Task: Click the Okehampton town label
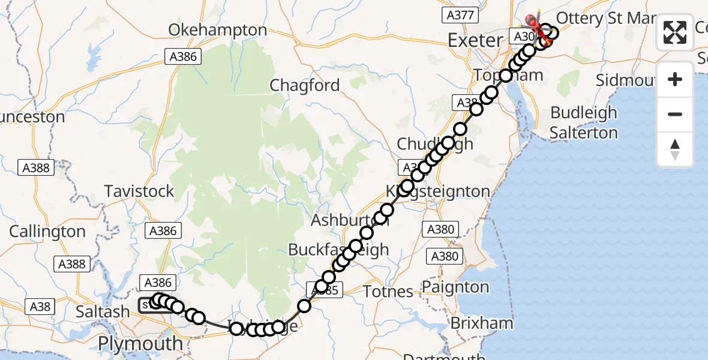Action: click(218, 30)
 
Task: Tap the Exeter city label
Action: click(475, 41)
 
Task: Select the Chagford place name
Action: click(305, 86)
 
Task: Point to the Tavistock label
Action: click(139, 191)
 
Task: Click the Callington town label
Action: click(47, 232)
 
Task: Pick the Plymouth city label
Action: click(140, 344)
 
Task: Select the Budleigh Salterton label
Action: click(584, 122)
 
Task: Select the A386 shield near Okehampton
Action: click(184, 57)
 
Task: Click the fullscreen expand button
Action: click(675, 32)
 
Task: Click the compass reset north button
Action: click(675, 149)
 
